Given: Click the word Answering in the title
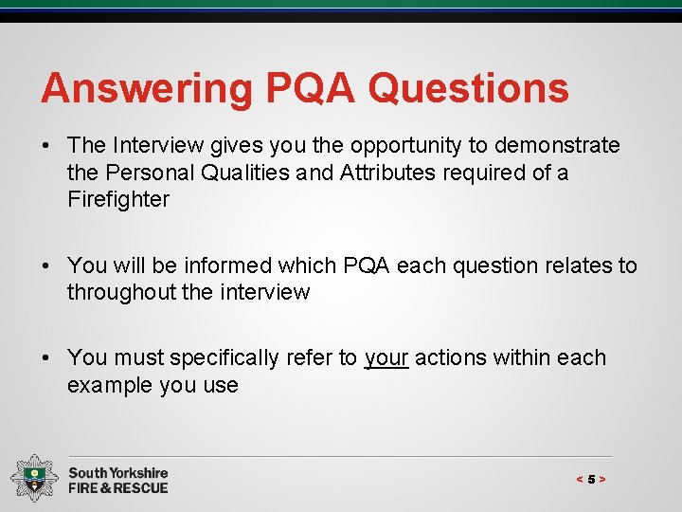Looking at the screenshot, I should pos(147,89).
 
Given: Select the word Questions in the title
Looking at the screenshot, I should pos(469,89).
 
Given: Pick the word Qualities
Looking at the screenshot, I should pos(248,173).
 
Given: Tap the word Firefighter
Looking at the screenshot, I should pos(118,199).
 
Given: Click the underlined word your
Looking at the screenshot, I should pos(386,358).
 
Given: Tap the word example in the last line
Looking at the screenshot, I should pos(107,385).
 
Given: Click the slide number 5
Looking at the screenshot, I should pos(591,480).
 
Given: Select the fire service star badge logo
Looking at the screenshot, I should pos(34,479).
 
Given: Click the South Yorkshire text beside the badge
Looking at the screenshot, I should pos(118,472).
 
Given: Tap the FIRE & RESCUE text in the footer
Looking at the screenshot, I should pos(118,488).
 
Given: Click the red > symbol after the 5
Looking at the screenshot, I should pos(602,480).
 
